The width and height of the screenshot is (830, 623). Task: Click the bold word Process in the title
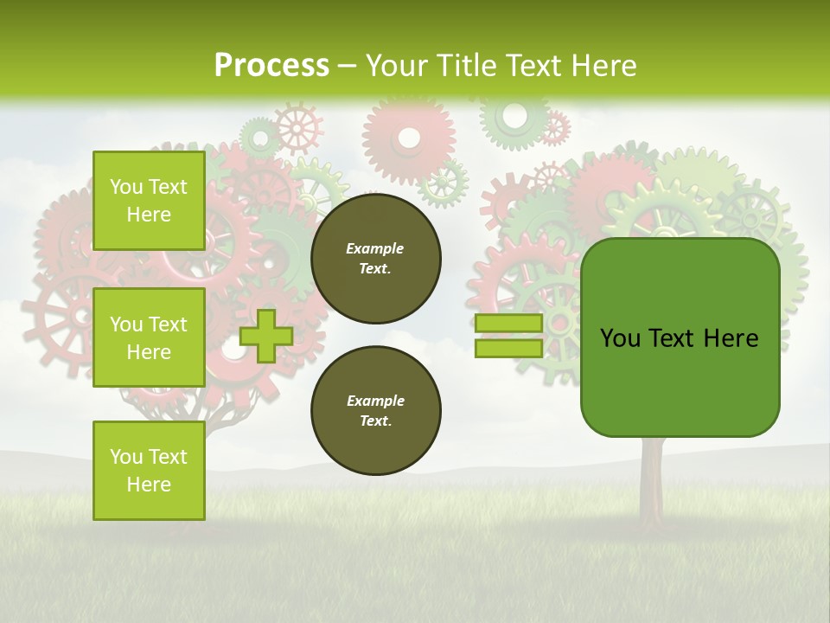[271, 66]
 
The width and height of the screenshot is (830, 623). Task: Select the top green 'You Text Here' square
[149, 201]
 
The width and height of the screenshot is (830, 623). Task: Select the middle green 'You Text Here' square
[149, 337]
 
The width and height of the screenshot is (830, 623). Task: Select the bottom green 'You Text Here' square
[149, 471]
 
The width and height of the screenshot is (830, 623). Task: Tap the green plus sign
[265, 336]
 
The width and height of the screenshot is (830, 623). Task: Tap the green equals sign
[508, 336]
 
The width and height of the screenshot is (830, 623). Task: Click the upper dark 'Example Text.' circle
[376, 259]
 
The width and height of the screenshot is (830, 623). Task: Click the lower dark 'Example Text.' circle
[376, 411]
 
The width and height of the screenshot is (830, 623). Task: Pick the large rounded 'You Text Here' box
[680, 337]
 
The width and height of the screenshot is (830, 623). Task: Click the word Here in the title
[602, 66]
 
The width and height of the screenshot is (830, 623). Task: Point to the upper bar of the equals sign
[508, 324]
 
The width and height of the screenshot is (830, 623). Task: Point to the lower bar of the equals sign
[508, 349]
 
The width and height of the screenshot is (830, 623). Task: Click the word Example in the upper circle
[375, 248]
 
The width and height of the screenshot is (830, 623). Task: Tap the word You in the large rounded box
[621, 338]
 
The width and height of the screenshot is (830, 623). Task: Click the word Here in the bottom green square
[149, 485]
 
